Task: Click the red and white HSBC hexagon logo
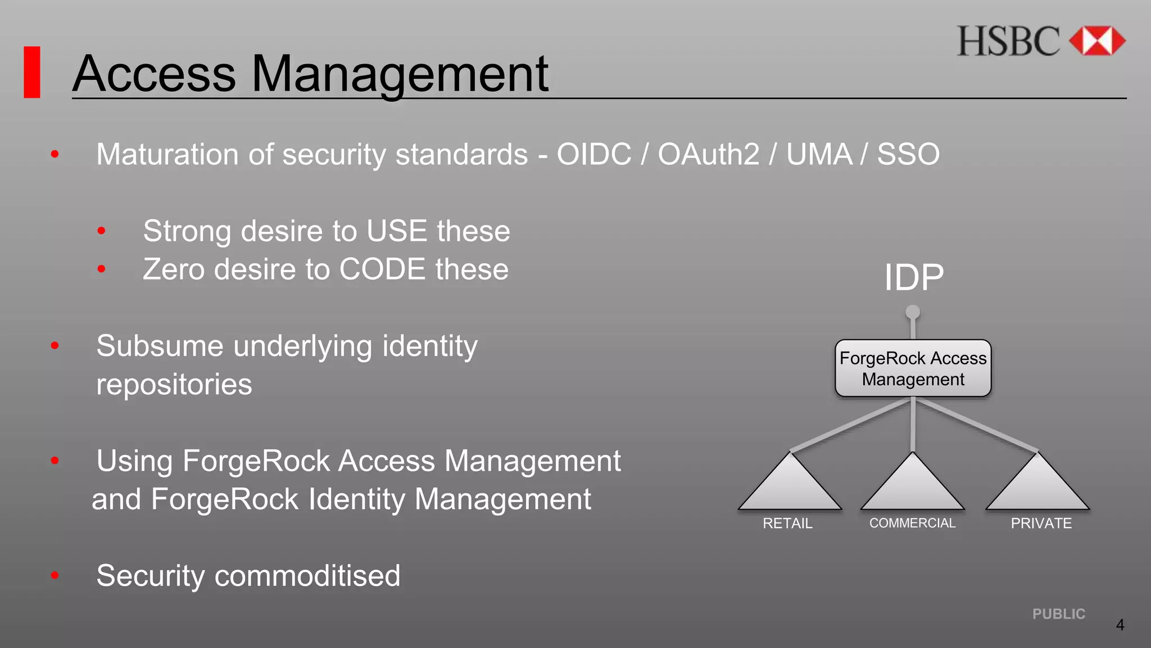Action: coord(1096,41)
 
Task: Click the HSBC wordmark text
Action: coord(1008,42)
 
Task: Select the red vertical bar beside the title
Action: coord(32,72)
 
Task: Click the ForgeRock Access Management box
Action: coord(913,368)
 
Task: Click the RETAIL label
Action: coord(787,524)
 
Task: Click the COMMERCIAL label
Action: coord(912,523)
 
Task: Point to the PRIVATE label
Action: coord(1041,524)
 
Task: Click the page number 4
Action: coord(1120,625)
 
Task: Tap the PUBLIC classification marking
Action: coord(1059,614)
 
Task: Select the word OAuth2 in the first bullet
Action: coord(709,154)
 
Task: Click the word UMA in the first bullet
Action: coord(819,154)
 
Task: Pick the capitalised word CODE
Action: coord(382,269)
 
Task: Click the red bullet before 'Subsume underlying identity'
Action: coord(55,345)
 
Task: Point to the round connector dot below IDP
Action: coord(913,312)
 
